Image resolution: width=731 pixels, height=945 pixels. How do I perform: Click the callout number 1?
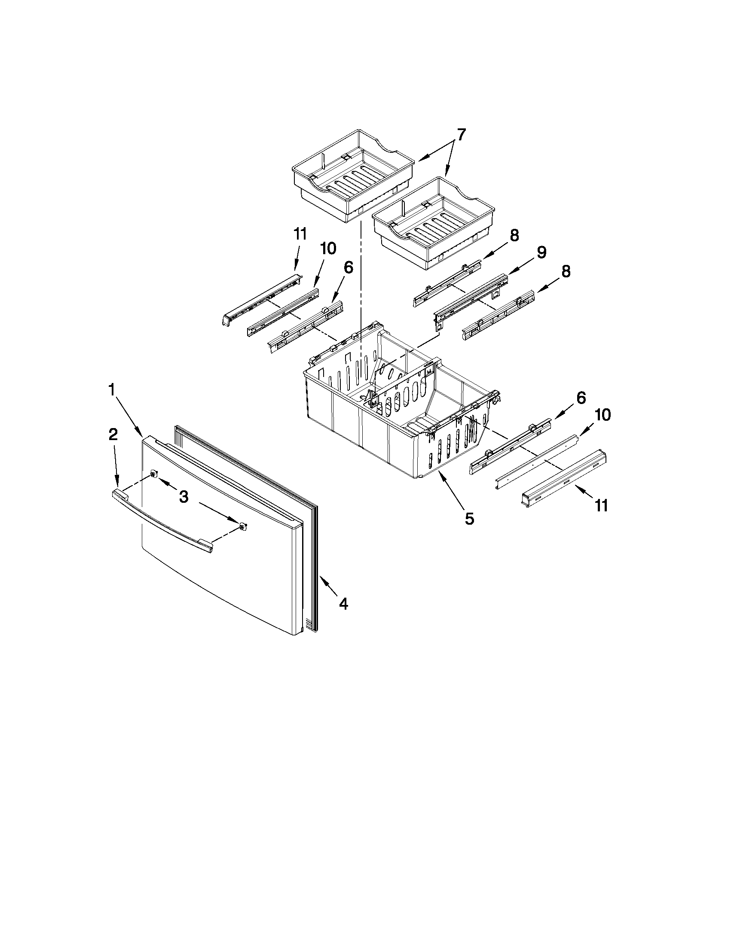(112, 391)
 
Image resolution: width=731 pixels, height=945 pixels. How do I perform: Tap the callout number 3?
(184, 498)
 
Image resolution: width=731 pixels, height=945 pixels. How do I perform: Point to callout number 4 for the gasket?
(343, 604)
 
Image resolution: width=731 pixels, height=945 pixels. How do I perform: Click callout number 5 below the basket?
(469, 518)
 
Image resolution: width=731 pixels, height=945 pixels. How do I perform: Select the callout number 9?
(542, 253)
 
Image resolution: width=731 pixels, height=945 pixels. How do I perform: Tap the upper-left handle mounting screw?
(154, 475)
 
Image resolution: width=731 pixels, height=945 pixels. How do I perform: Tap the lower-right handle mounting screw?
(243, 526)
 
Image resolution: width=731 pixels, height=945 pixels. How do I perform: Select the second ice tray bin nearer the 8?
(433, 223)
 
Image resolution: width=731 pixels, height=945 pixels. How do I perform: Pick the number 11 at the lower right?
(601, 505)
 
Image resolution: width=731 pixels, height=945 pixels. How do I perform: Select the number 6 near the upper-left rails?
(349, 267)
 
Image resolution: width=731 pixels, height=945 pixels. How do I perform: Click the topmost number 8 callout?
(514, 236)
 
